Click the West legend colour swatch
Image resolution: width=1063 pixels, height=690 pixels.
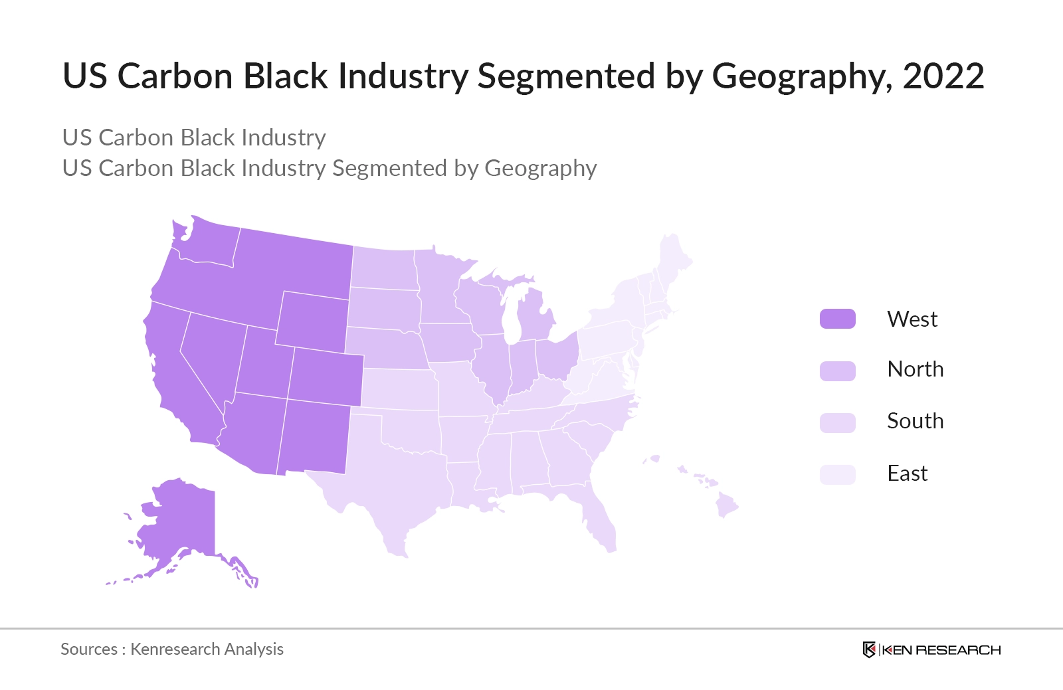click(837, 319)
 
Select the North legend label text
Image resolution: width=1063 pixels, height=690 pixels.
click(915, 369)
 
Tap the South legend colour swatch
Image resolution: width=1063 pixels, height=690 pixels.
click(837, 422)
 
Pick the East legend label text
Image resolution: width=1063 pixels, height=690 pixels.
click(907, 474)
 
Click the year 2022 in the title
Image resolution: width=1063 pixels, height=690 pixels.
click(943, 76)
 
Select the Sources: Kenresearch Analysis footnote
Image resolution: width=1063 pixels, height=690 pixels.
click(172, 649)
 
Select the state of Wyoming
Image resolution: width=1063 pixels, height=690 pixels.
click(312, 321)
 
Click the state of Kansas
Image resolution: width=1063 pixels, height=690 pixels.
click(399, 389)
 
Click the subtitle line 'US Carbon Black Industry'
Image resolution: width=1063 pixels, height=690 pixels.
click(194, 137)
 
